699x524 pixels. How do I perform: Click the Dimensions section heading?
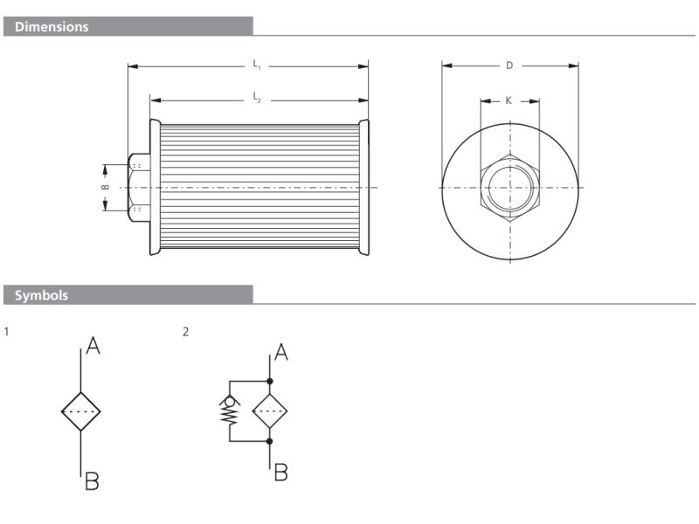52,27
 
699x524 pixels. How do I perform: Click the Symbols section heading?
42,295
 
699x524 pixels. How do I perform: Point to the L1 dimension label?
256,64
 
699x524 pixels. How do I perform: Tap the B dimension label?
104,187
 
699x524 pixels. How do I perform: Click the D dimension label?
509,65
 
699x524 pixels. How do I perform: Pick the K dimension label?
509,101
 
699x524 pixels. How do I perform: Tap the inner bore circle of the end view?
509,187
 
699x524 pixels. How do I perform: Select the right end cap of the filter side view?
364,187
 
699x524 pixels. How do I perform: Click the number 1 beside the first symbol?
7,332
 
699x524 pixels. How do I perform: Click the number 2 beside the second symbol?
185,332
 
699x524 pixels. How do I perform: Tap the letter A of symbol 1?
93,347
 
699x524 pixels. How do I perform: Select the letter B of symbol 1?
92,480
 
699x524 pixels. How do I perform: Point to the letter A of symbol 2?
281,353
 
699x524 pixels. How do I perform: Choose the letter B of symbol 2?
280,472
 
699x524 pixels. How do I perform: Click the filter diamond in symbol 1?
81,411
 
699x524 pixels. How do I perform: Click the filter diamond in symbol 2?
269,411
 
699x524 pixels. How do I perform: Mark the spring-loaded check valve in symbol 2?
230,410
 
